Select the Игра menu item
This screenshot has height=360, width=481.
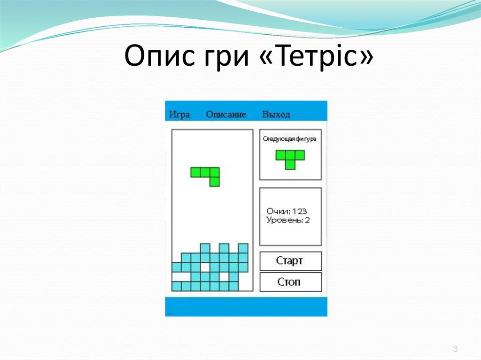[179, 115]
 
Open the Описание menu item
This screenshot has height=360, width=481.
[226, 115]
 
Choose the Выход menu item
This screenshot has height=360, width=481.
[276, 115]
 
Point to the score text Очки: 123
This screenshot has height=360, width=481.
[287, 212]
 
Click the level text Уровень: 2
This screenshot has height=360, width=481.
[288, 220]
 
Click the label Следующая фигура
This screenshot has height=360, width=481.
[289, 139]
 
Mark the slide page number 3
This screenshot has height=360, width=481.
[455, 349]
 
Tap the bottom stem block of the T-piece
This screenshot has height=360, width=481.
[290, 165]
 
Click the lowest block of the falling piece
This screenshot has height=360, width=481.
[215, 182]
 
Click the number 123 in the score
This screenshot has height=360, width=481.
[299, 212]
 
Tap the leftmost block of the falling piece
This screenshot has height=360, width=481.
[195, 173]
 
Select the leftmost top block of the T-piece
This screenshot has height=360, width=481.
[280, 155]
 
